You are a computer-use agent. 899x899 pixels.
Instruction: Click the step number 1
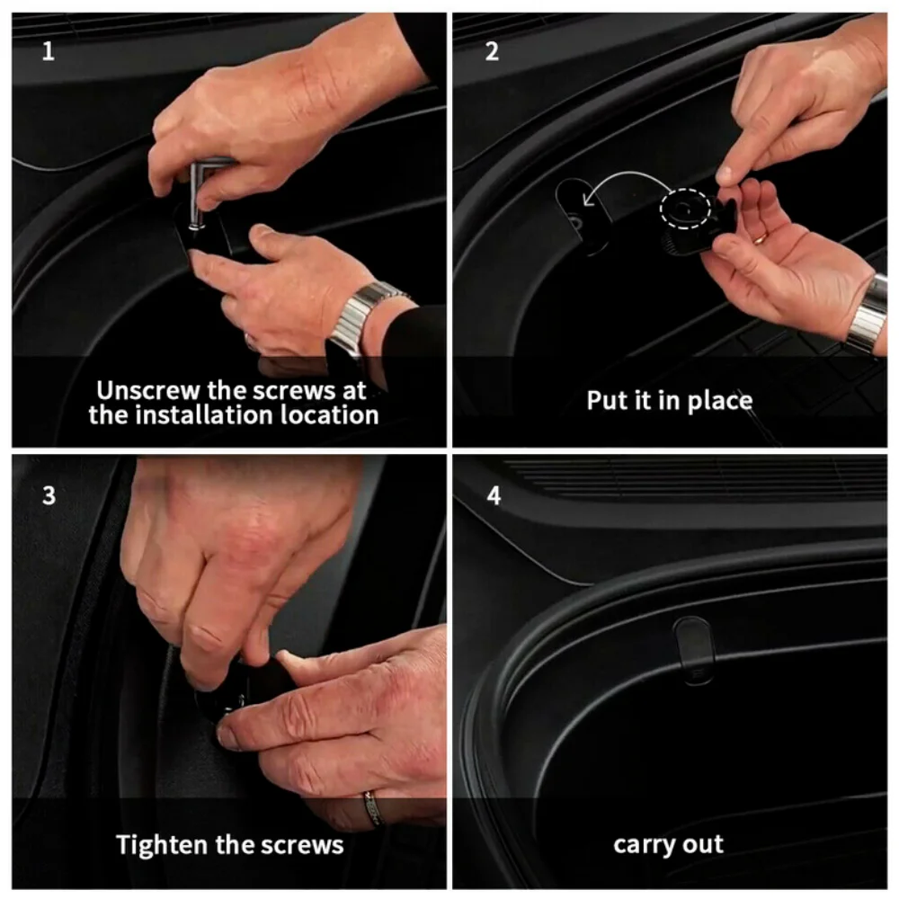pyautogui.click(x=49, y=51)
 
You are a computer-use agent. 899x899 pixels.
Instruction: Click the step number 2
pyautogui.click(x=492, y=51)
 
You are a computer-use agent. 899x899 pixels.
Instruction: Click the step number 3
pyautogui.click(x=49, y=495)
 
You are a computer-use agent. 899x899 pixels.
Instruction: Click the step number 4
pyautogui.click(x=494, y=495)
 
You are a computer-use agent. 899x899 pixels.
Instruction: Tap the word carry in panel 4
pyautogui.click(x=640, y=846)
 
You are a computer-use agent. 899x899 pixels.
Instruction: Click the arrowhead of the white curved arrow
pyautogui.click(x=588, y=200)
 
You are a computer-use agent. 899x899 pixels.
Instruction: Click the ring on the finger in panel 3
pyautogui.click(x=372, y=808)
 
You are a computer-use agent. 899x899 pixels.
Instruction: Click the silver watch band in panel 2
pyautogui.click(x=868, y=314)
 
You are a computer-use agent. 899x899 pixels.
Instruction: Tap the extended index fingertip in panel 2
pyautogui.click(x=725, y=174)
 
